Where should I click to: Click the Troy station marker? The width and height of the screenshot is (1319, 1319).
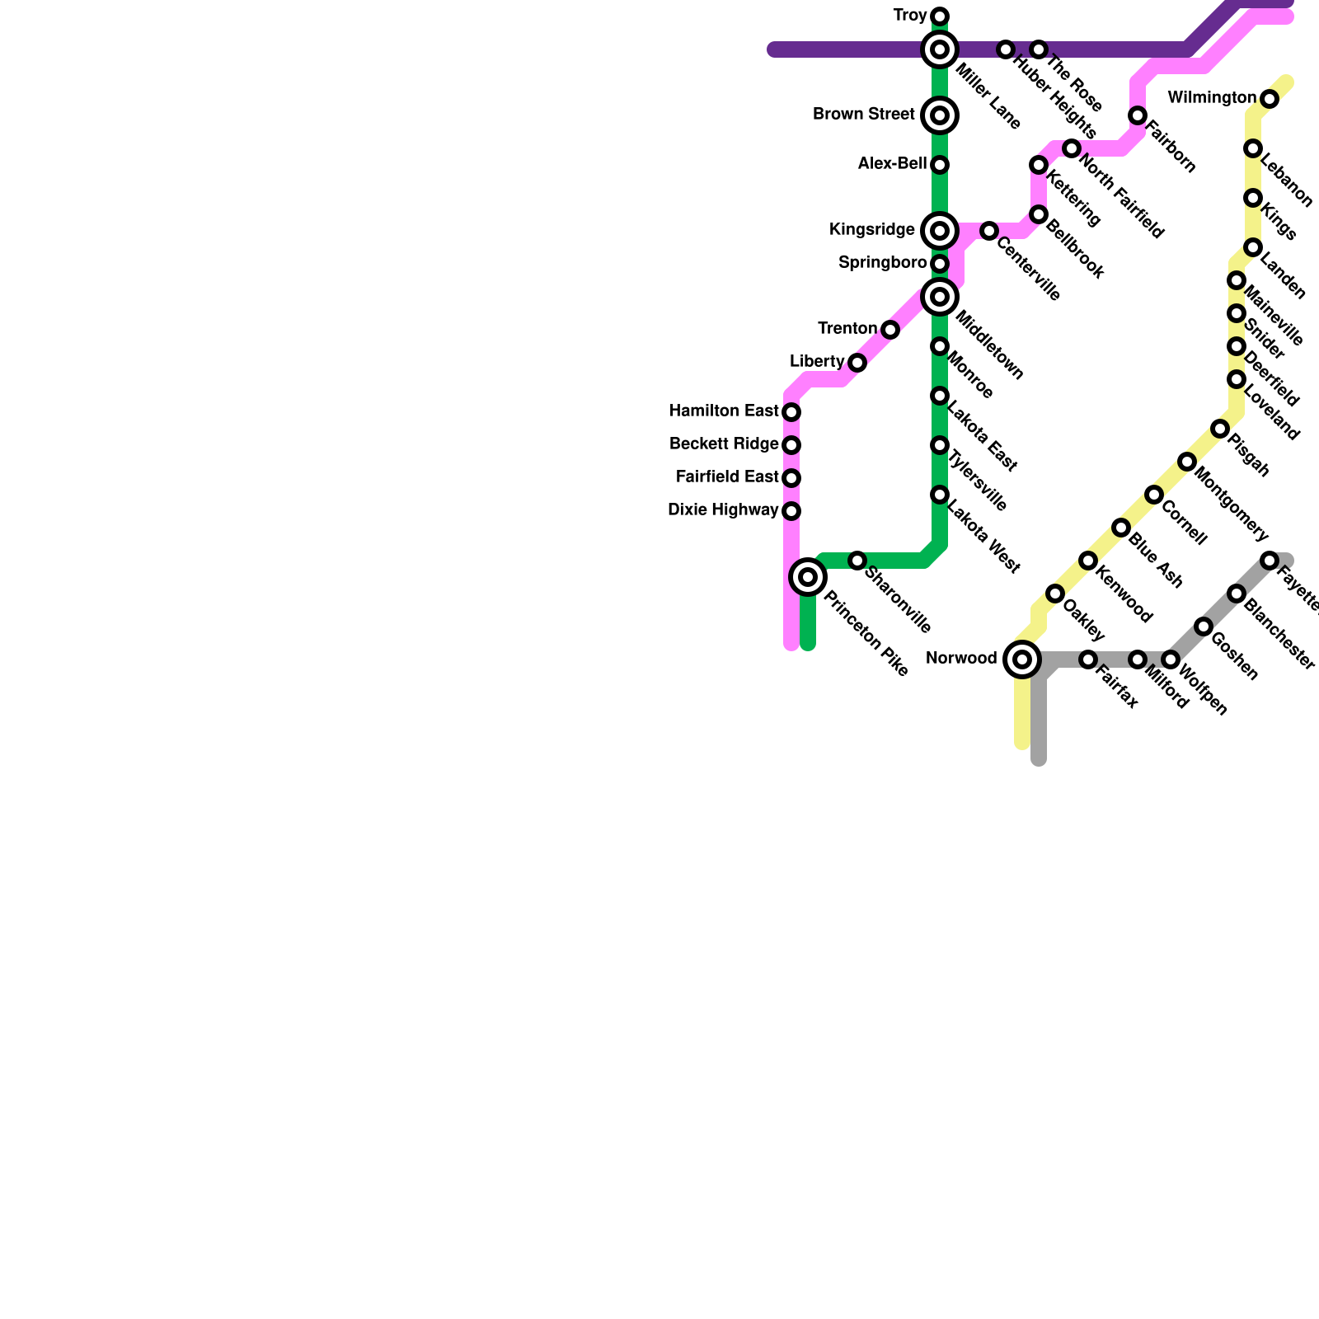coord(940,16)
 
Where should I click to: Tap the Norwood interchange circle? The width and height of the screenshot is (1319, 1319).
coord(1022,659)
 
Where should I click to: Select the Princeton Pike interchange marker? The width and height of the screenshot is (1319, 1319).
coord(808,577)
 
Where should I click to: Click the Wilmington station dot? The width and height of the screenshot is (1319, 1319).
coord(1270,100)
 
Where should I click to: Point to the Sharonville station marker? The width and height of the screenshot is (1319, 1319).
coord(857,561)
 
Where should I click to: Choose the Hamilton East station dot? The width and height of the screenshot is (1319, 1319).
coord(791,411)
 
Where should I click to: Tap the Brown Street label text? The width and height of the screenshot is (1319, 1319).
coord(863,115)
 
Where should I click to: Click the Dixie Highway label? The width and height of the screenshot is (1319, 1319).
coord(722,510)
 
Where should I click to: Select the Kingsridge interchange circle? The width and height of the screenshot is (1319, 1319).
coord(940,231)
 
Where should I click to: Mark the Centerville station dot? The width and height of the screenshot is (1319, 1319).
coord(989,231)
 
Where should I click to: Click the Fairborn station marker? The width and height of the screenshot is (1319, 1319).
coord(1138,115)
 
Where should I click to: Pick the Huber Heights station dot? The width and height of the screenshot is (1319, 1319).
coord(1005,49)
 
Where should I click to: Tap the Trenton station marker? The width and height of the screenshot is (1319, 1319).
coord(890,330)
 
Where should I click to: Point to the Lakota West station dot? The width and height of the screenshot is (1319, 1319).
coord(940,495)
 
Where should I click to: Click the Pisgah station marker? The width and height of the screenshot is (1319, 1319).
coord(1220,429)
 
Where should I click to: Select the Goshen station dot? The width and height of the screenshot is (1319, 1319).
coord(1204,627)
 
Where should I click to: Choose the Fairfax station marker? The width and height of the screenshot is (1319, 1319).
coord(1088,659)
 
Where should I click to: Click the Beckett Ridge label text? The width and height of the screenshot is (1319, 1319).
coord(724,444)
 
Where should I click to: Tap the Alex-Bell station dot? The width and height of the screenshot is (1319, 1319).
coord(940,165)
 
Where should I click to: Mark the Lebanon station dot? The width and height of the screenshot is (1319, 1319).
coord(1253,148)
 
